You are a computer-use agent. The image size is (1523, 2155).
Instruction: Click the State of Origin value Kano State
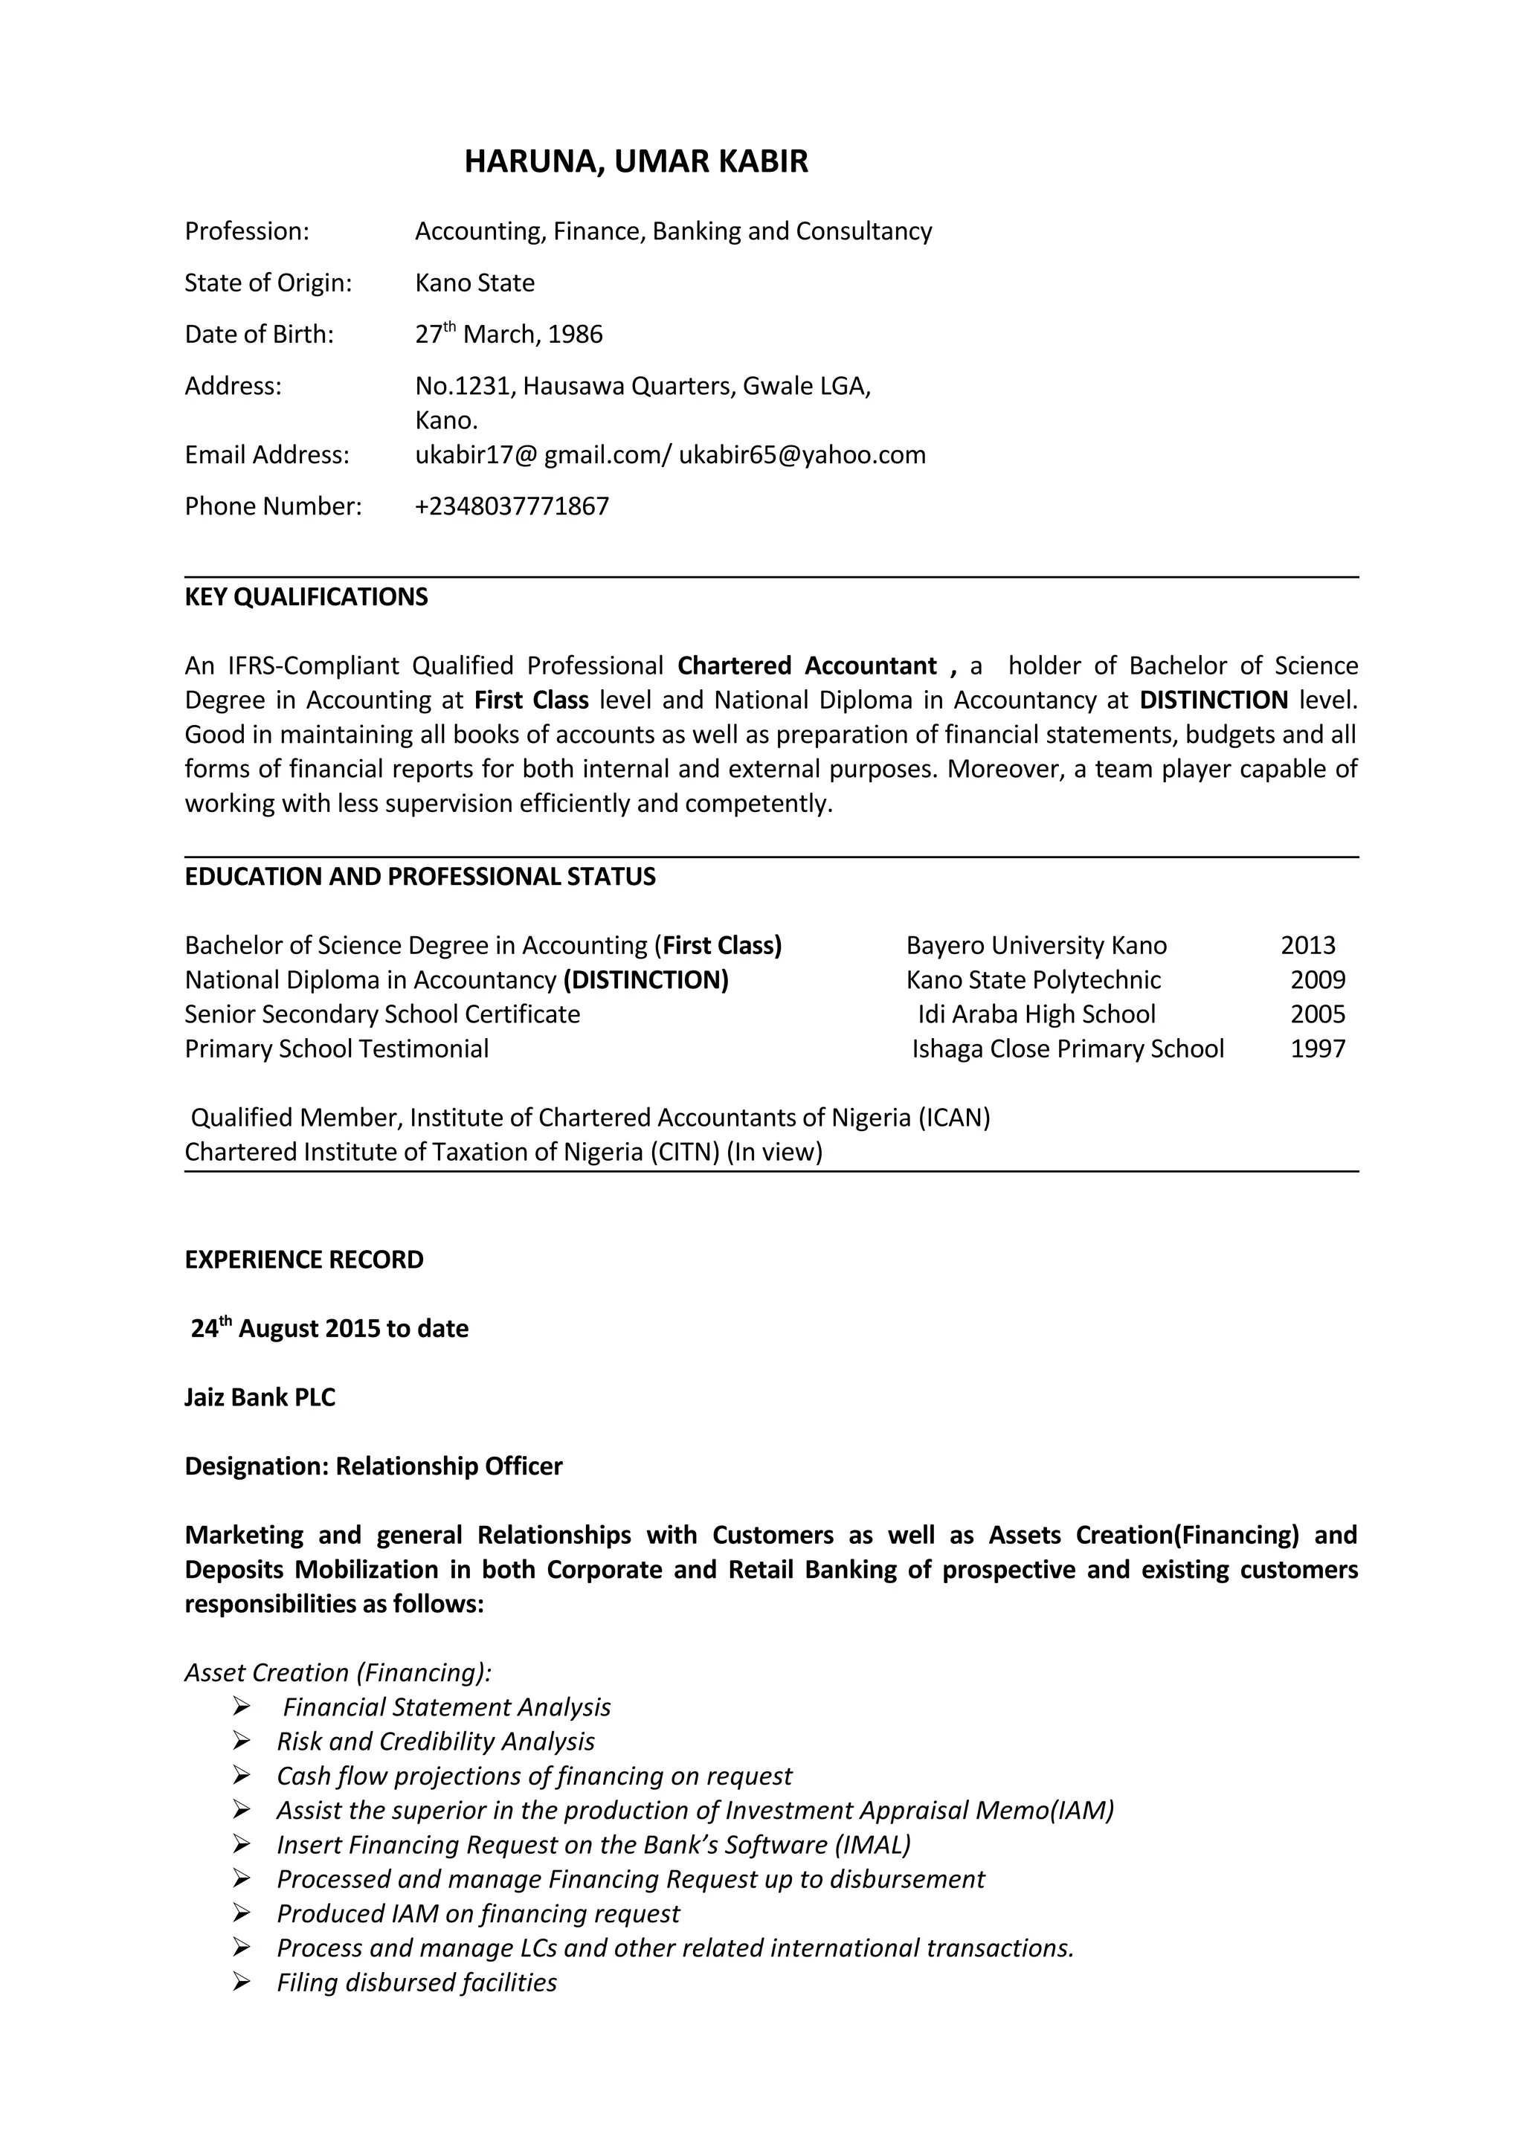(x=475, y=283)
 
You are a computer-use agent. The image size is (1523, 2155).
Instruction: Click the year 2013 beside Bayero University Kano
(x=1307, y=945)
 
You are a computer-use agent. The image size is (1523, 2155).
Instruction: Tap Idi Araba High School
(x=1036, y=1014)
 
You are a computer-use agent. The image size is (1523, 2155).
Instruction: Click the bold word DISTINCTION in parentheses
(x=645, y=980)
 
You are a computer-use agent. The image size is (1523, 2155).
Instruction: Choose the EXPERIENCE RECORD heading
(x=304, y=1260)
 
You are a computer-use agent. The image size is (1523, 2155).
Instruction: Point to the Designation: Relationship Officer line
(x=373, y=1466)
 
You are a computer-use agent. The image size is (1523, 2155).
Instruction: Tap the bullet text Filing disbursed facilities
(x=416, y=1982)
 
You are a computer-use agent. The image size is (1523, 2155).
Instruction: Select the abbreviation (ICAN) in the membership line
(x=953, y=1117)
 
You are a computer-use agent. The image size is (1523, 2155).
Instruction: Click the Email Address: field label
(x=266, y=454)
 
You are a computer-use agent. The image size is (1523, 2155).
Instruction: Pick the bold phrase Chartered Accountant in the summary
(x=807, y=666)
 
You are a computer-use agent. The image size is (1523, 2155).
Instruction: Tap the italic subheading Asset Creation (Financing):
(x=338, y=1672)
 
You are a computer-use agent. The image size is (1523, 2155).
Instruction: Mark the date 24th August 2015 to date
(x=329, y=1328)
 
